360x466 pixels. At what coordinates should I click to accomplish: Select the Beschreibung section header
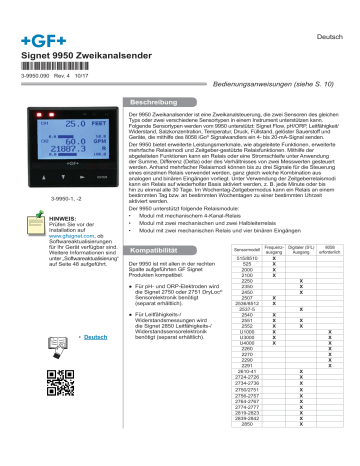tap(160, 103)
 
